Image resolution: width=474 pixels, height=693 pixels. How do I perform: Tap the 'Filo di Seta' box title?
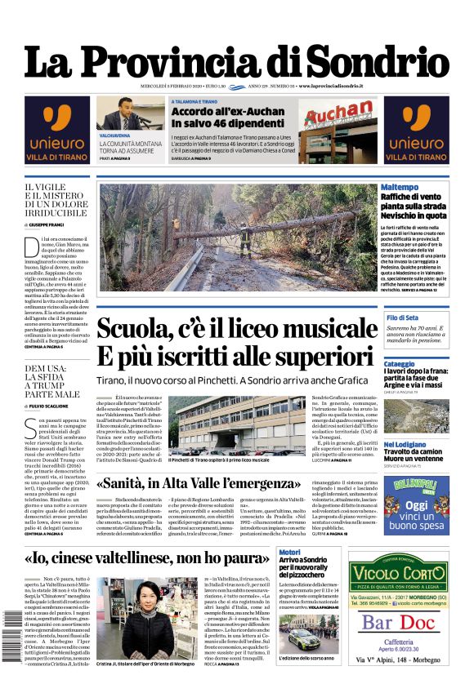coord(403,317)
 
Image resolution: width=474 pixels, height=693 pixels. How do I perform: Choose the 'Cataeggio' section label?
coord(400,363)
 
